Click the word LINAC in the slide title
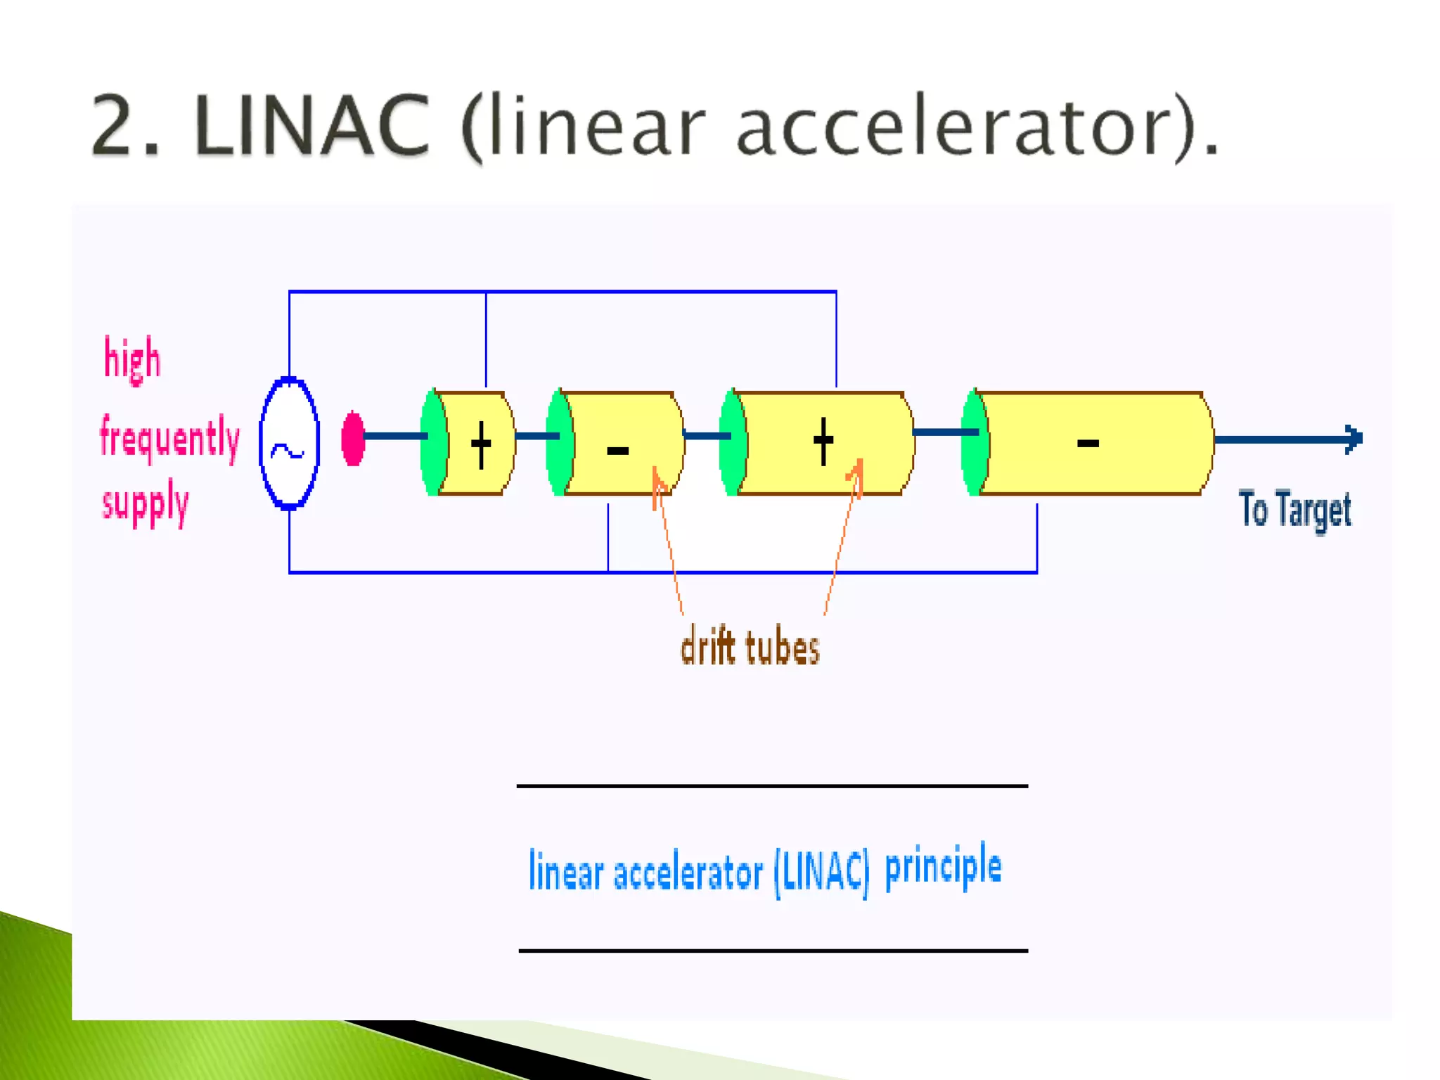pos(311,127)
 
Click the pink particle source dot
pos(353,439)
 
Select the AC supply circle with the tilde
pos(289,443)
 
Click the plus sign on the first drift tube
pos(481,444)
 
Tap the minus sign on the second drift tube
pos(617,451)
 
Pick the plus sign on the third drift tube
pos(823,442)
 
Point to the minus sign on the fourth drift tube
pos(1088,443)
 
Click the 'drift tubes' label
pos(750,646)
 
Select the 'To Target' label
pos(1294,509)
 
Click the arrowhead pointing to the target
pos(1353,439)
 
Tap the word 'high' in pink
pos(132,359)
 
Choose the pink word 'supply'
pos(146,502)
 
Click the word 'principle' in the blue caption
pos(943,867)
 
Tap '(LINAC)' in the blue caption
pos(821,873)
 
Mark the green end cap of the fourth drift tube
pos(975,443)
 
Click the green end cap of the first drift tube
pos(433,443)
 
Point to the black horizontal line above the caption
pos(772,786)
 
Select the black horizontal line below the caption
pos(773,951)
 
